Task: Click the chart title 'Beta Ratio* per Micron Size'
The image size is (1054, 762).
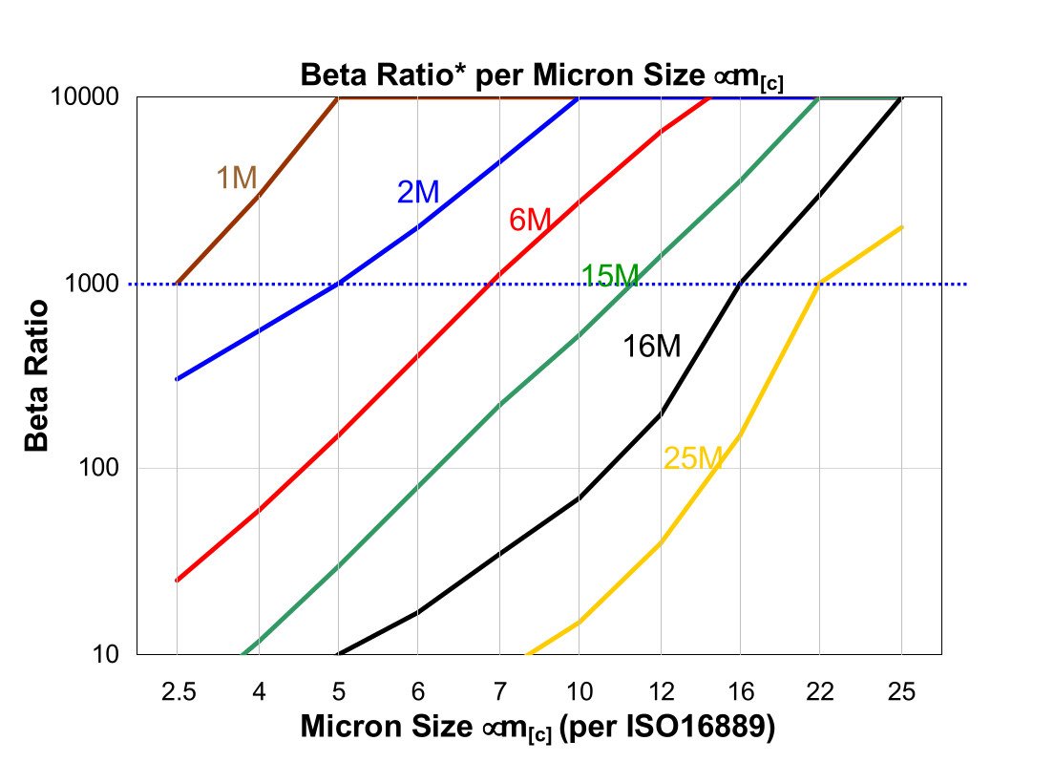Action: [x=542, y=75]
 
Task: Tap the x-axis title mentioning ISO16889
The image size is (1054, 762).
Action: [x=537, y=727]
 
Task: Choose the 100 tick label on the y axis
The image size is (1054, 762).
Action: [x=104, y=469]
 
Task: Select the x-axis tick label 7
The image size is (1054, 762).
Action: [x=498, y=690]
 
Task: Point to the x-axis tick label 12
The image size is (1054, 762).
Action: [x=661, y=690]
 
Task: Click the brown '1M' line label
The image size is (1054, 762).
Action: [x=237, y=178]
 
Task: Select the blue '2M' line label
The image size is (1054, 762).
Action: [x=418, y=192]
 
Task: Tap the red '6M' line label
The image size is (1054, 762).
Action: [x=530, y=220]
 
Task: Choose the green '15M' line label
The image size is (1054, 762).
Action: [x=610, y=276]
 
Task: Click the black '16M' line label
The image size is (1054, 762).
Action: [x=652, y=346]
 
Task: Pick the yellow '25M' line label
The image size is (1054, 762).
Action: [x=694, y=459]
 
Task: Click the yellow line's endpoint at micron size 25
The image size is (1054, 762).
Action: [x=901, y=227]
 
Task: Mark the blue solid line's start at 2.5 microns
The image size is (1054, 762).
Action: [x=178, y=379]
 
